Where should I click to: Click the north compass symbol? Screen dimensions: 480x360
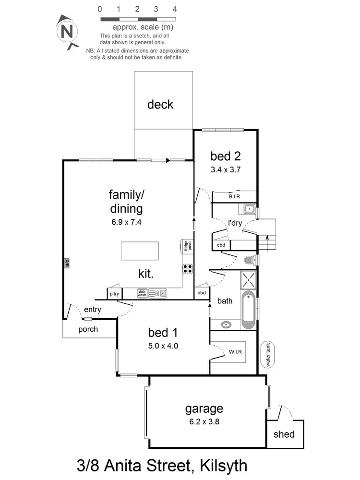(68, 32)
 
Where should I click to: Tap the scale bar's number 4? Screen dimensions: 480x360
(175, 9)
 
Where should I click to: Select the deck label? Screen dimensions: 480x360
(160, 104)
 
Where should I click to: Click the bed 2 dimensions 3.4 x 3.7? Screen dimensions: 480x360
(225, 169)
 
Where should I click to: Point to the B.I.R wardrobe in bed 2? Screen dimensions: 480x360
(234, 197)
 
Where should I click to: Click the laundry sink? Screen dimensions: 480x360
(249, 209)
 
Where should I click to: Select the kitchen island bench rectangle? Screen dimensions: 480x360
(142, 251)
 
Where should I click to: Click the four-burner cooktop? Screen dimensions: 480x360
(187, 269)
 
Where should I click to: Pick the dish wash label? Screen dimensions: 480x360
(142, 293)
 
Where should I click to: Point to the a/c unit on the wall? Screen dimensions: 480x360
(67, 263)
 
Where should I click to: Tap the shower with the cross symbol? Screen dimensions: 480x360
(249, 278)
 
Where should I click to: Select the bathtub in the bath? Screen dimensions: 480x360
(248, 310)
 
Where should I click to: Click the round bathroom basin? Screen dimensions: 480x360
(226, 325)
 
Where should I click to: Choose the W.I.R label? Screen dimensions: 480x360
(235, 352)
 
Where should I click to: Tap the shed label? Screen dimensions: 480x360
(284, 434)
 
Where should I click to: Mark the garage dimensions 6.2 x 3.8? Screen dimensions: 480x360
(204, 422)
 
